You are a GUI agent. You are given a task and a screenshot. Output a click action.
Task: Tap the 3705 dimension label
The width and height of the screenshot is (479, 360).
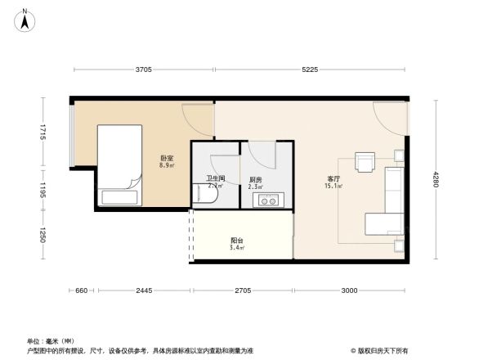143,70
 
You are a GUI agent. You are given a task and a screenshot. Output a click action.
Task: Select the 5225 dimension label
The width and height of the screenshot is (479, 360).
309,70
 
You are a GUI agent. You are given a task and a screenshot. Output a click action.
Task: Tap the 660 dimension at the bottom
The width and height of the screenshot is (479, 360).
82,291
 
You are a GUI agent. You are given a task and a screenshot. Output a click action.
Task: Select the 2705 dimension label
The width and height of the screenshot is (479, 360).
242,291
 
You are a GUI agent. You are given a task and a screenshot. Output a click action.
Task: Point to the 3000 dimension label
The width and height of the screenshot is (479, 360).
349,291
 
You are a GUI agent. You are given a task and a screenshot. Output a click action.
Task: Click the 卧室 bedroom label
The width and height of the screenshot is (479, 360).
165,158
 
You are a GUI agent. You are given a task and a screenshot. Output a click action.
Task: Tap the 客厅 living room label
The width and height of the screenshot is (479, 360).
334,178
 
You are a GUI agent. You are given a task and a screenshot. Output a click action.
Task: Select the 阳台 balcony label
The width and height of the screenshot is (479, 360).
237,241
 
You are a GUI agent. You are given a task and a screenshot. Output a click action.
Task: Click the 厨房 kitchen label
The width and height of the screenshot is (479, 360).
255,179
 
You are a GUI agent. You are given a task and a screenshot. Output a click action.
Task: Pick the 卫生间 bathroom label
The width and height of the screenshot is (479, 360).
215,178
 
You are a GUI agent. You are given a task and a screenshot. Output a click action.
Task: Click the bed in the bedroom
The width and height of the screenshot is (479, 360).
121,165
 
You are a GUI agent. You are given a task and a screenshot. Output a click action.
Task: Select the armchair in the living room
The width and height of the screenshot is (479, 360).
364,160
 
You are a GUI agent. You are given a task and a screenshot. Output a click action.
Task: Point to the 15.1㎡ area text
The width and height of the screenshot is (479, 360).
334,187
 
